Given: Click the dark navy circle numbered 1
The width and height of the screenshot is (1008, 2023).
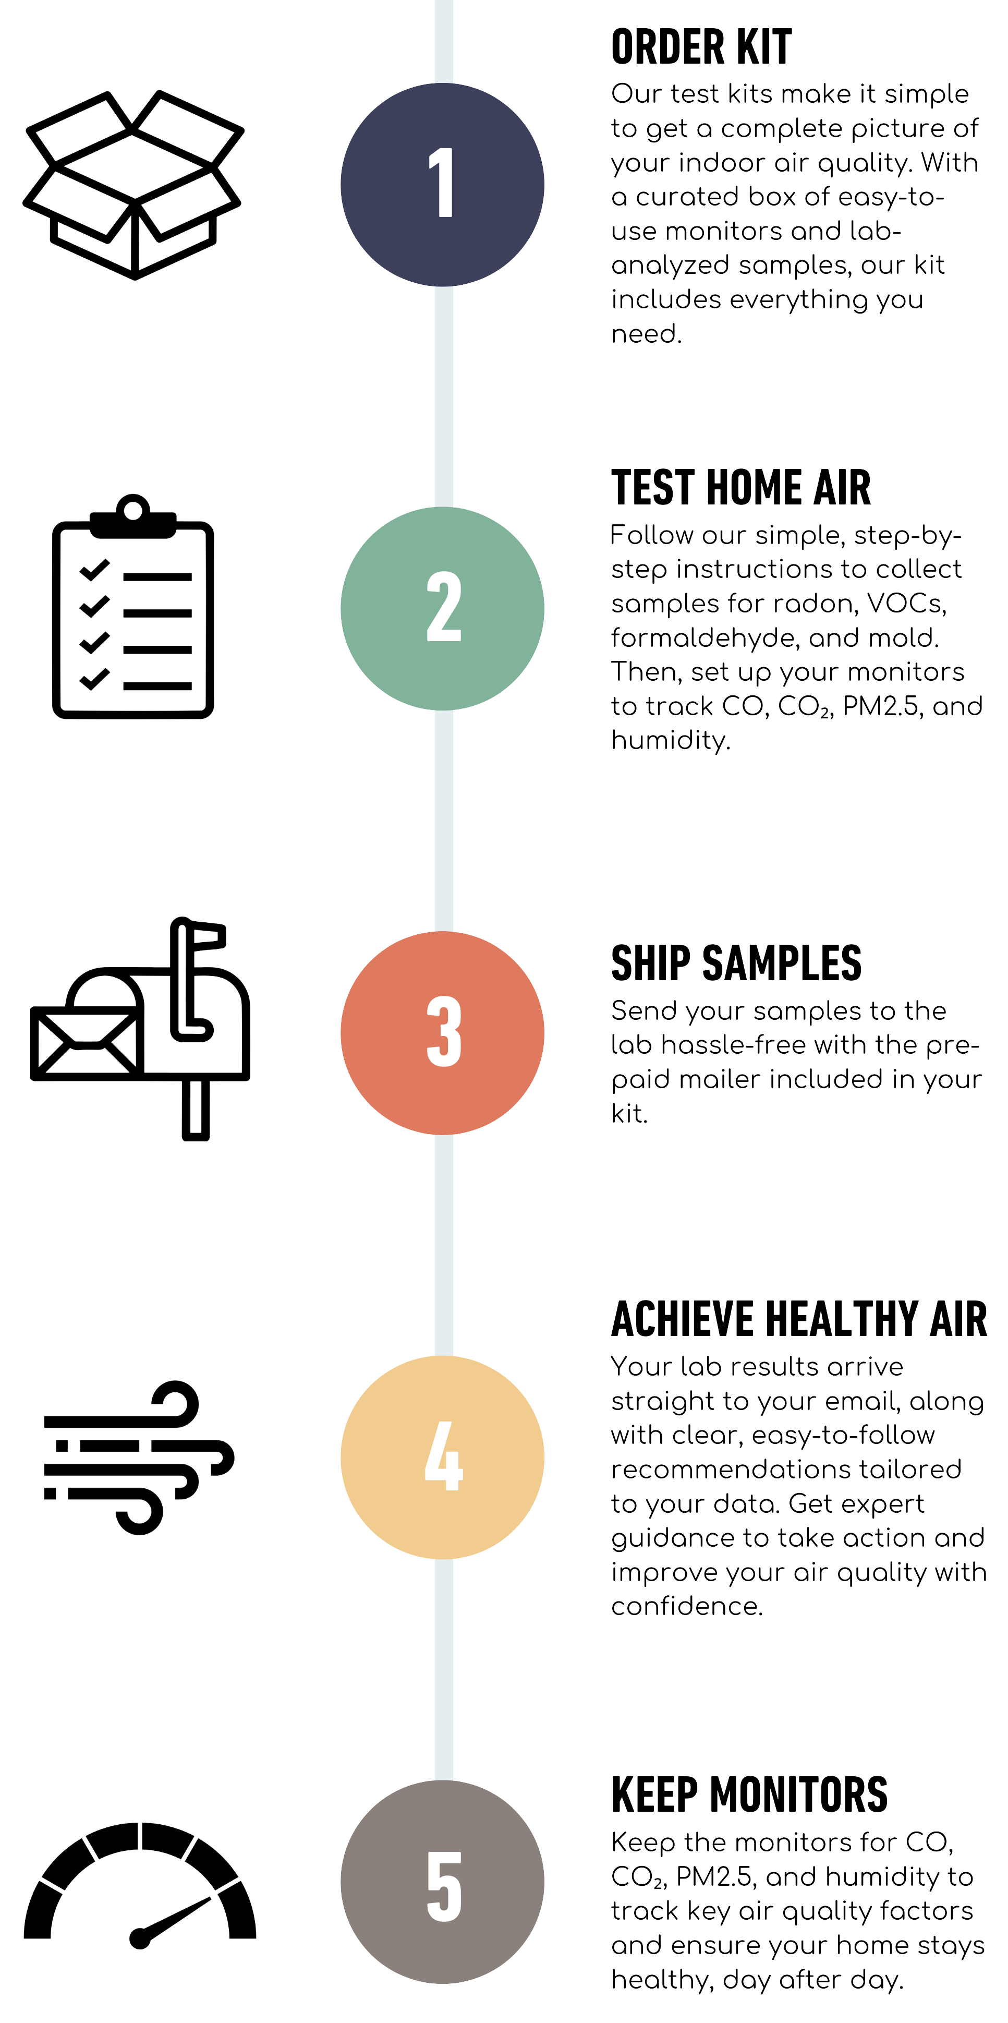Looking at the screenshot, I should point(442,185).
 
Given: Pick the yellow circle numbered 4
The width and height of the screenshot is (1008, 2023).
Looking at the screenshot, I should point(442,1457).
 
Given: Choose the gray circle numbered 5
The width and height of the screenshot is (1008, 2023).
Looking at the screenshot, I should point(442,1881).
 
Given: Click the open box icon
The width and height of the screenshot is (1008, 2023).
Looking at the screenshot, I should point(133,185).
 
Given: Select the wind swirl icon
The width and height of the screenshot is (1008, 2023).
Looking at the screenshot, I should point(138,1457).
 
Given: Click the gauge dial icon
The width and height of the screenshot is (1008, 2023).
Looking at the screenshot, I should point(140,1885).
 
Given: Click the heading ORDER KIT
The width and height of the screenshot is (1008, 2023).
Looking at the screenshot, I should point(701,47).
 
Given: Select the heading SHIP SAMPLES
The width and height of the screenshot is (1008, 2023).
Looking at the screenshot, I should point(736,963).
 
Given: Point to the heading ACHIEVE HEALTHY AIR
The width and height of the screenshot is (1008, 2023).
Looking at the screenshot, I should point(798,1319).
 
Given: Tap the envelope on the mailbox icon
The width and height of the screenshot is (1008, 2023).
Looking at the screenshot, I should point(82,1043).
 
